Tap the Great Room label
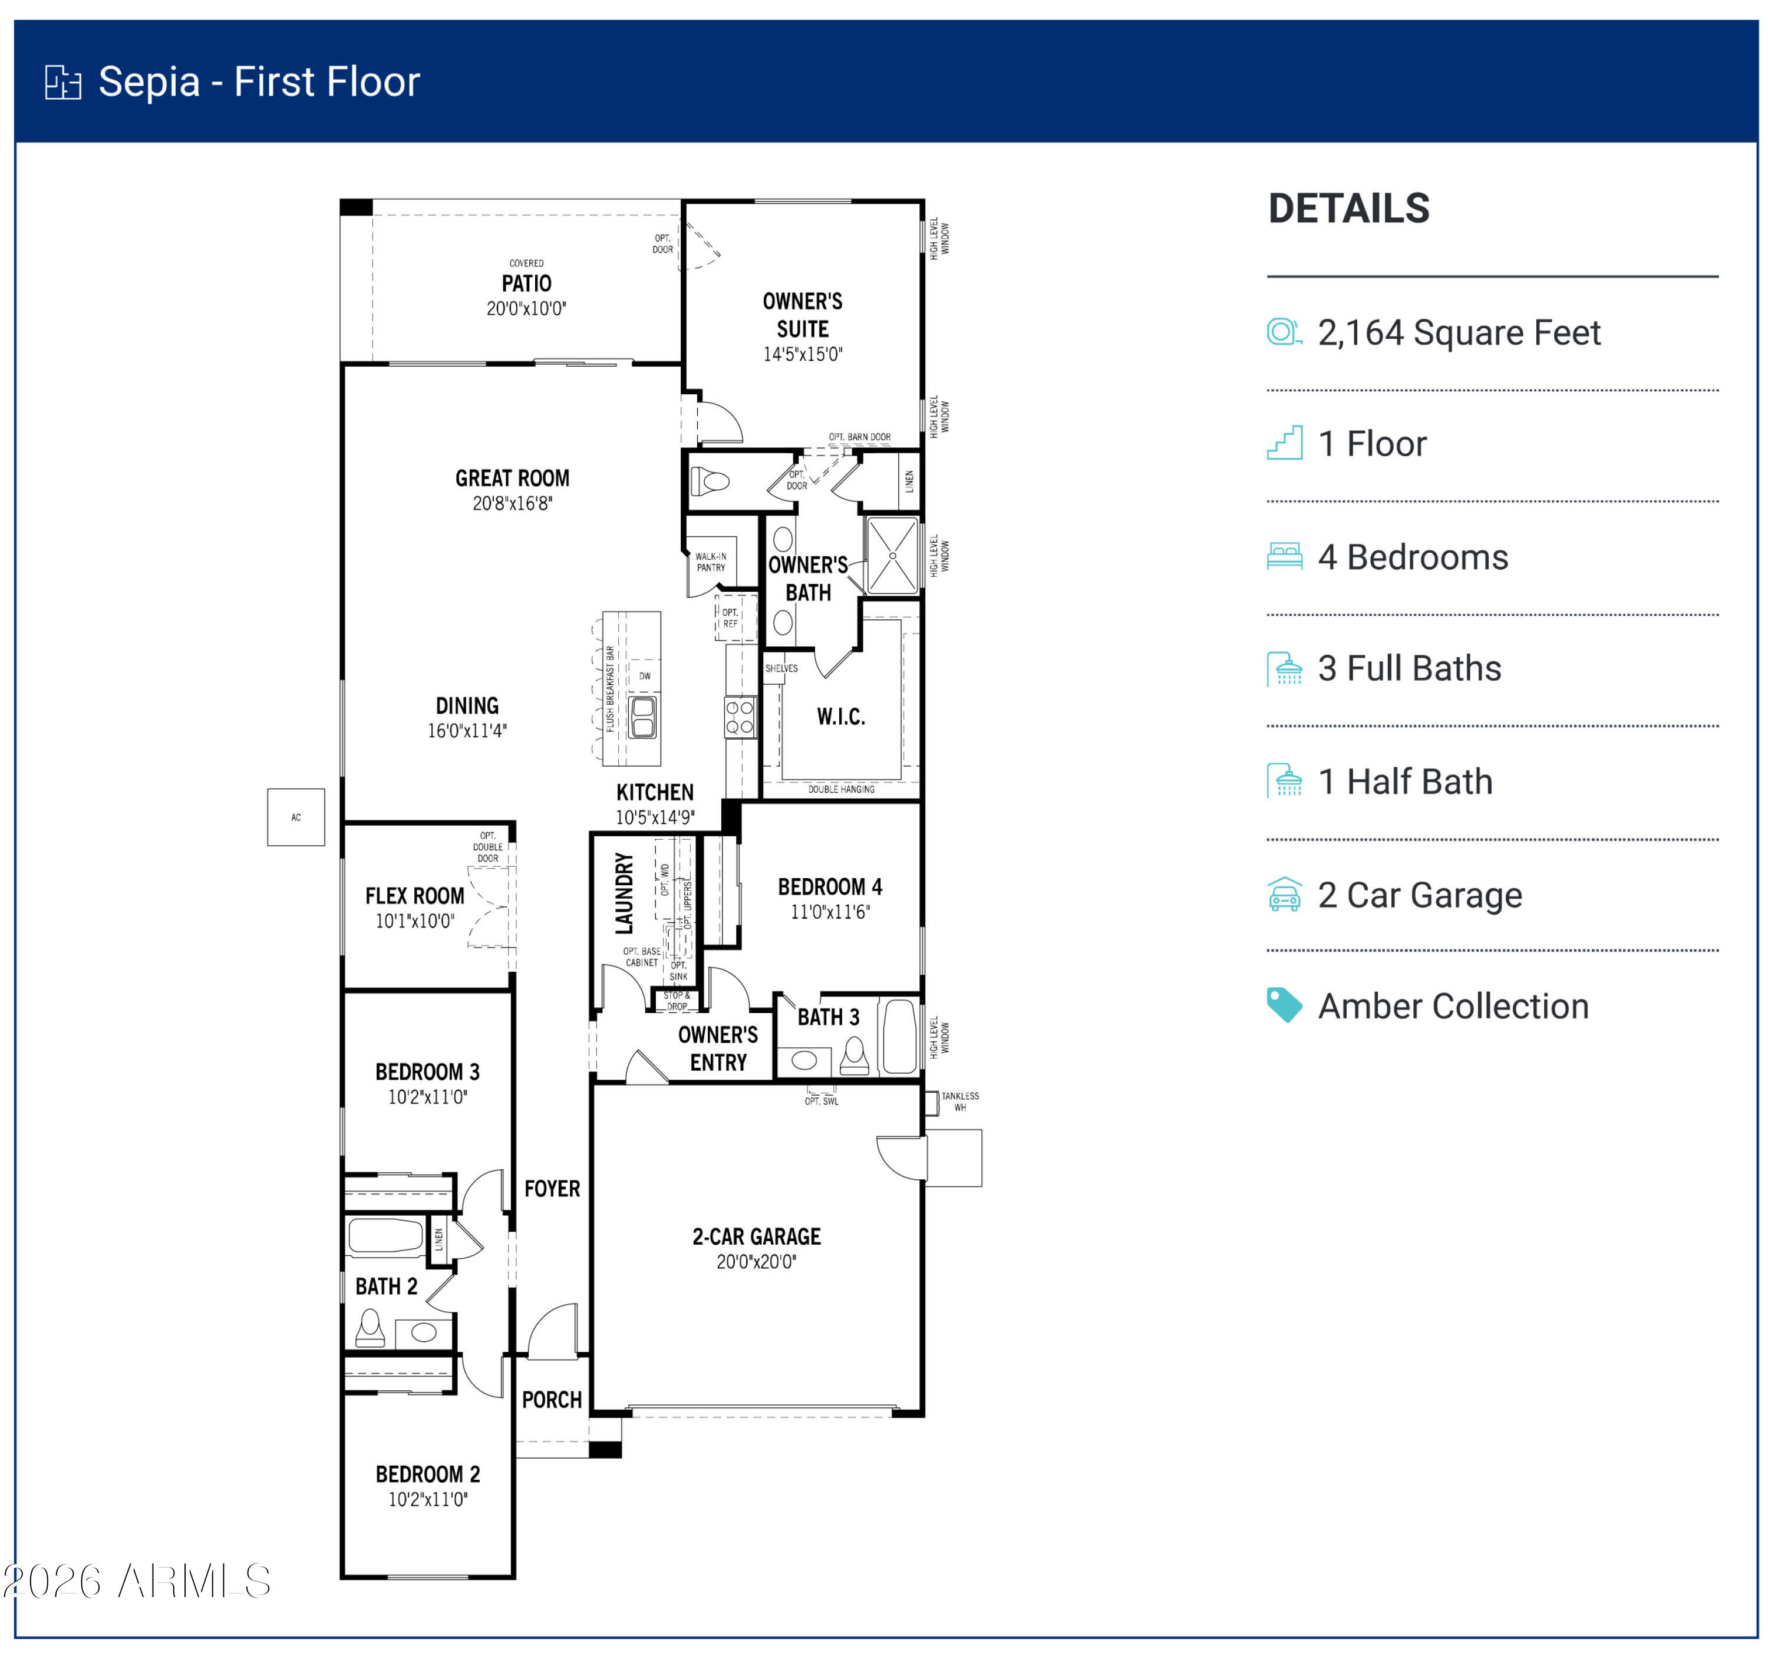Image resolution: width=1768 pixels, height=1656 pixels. (512, 479)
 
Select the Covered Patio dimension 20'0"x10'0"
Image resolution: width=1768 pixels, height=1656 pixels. (526, 309)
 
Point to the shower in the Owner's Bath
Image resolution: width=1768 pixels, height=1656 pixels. (892, 555)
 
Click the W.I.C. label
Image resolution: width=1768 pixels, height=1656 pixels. (840, 717)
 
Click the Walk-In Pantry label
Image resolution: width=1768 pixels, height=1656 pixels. (711, 562)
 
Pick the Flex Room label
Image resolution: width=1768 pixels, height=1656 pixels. (414, 896)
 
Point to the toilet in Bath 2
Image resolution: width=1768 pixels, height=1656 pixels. (370, 1330)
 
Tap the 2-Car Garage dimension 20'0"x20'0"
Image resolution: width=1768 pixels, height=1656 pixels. (756, 1261)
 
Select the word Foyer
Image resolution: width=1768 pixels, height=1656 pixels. (552, 1188)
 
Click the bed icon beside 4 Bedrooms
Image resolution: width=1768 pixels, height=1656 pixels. (1284, 557)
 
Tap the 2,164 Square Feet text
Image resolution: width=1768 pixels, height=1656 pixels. (1459, 332)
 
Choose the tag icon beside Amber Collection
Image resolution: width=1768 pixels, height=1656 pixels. (1284, 1005)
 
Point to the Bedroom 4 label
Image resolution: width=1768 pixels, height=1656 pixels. (830, 887)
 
